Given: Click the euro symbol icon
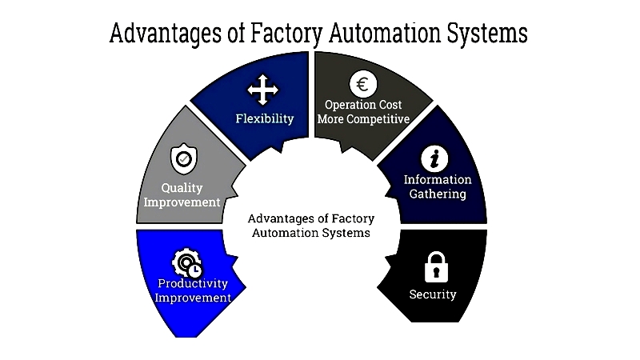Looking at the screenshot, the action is tap(363, 84).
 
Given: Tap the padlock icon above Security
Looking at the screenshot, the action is tap(436, 267).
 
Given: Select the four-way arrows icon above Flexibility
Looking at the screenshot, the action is tap(263, 90).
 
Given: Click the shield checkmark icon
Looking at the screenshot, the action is tap(184, 158).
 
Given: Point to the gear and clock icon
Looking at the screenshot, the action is tap(187, 263).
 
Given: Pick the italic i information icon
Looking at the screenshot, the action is tap(434, 158).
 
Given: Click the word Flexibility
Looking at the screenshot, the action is tap(265, 118).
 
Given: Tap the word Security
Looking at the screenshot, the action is tap(433, 294).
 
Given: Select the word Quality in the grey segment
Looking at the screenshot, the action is tap(182, 188).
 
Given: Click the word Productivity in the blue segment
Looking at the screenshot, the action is tap(193, 283).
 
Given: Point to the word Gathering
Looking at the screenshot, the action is tap(438, 194).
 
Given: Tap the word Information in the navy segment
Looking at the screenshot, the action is tap(438, 179).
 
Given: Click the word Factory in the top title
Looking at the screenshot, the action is tap(286, 34).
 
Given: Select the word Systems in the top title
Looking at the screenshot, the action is tap(487, 34).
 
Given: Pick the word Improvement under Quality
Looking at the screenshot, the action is tap(182, 202).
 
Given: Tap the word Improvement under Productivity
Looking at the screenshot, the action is tap(193, 298).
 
